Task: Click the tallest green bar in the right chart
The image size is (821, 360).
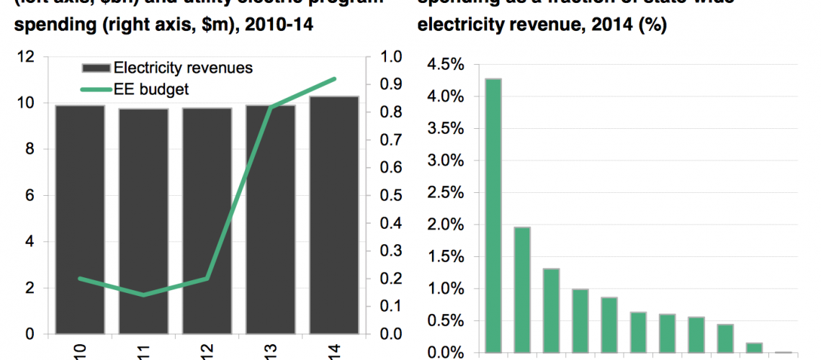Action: click(x=493, y=215)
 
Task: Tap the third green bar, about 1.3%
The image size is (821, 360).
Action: click(x=551, y=310)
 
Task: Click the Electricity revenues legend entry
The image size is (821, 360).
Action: click(x=183, y=68)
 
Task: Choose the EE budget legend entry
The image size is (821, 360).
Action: click(x=151, y=89)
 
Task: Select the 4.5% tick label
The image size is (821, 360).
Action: click(x=447, y=65)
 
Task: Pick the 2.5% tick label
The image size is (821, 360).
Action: click(x=447, y=193)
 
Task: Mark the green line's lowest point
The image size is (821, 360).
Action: click(x=143, y=294)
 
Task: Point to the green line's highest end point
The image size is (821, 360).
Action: click(x=335, y=78)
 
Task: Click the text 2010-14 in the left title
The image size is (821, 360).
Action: click(x=279, y=25)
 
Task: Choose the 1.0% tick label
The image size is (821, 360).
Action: click(x=447, y=289)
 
